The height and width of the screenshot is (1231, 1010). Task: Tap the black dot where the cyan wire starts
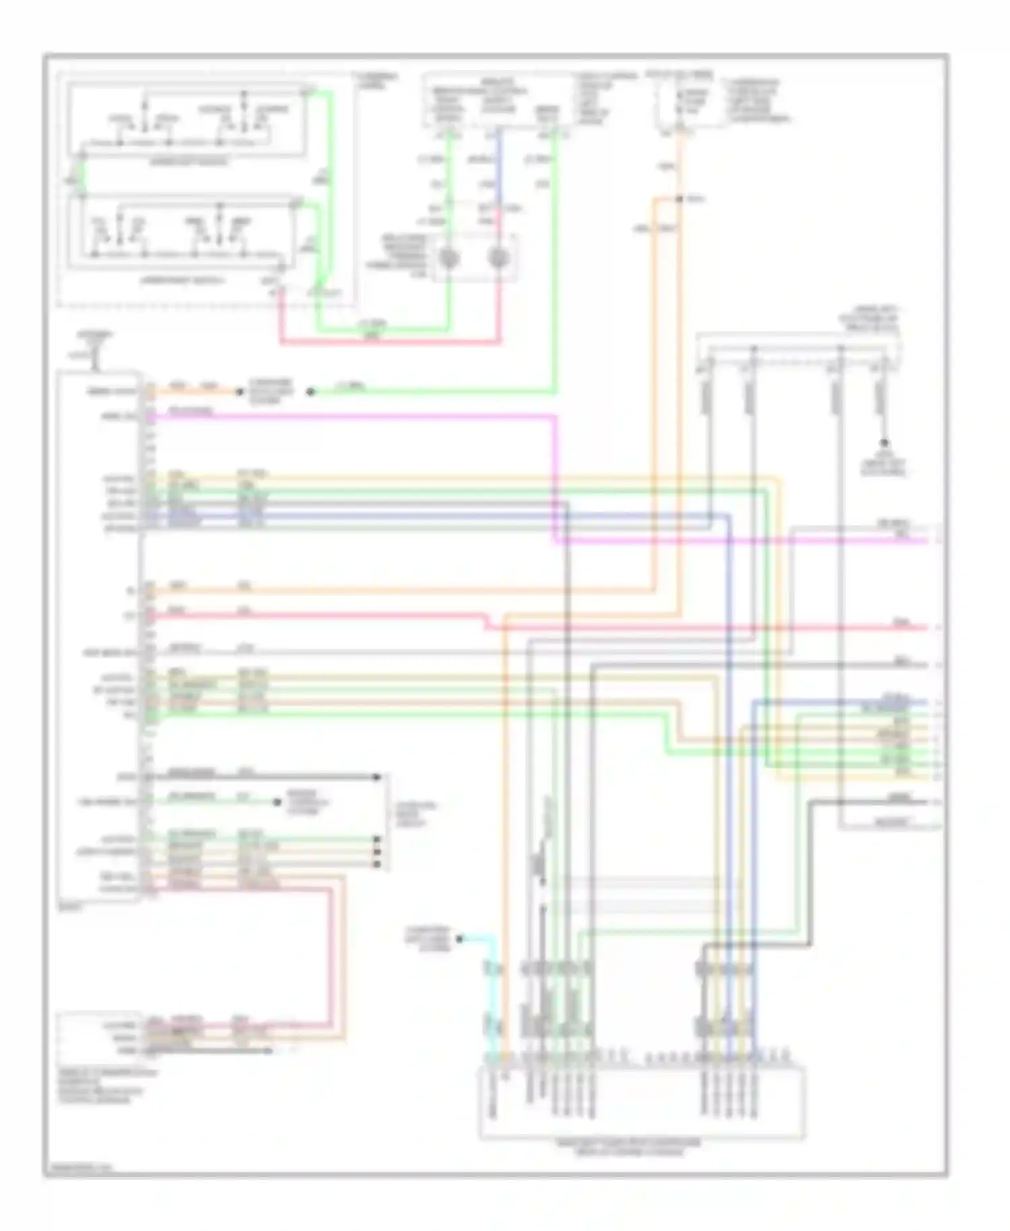(460, 938)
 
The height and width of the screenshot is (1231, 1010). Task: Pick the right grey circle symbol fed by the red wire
(499, 258)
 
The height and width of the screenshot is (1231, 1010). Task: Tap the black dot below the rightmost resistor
(885, 443)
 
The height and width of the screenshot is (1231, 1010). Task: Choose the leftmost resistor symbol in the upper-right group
(708, 397)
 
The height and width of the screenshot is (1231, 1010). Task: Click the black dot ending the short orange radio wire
(239, 391)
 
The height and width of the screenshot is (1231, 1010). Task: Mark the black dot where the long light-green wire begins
(310, 391)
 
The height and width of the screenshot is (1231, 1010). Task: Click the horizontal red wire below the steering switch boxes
(391, 343)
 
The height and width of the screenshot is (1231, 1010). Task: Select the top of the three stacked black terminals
(376, 840)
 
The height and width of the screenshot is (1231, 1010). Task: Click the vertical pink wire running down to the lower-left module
(331, 956)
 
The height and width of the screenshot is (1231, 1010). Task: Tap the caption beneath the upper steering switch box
(189, 162)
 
